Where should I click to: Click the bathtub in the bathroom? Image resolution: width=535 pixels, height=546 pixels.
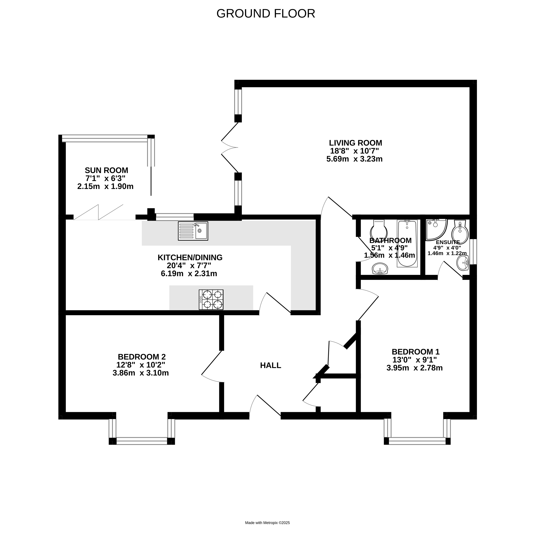407,244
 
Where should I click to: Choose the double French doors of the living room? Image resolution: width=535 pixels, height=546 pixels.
230,148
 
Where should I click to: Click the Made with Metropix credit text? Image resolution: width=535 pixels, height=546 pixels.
267,523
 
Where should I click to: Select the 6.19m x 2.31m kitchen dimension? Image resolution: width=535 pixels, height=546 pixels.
189,274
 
